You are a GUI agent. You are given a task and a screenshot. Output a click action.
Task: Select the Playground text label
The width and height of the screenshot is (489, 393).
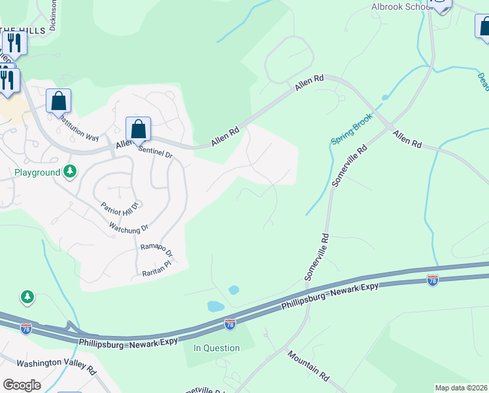pos(37,172)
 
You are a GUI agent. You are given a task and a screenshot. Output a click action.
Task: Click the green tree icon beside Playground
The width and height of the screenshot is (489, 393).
pos(71,172)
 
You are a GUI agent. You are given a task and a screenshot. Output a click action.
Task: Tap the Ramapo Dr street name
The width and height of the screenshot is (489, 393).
pos(156,250)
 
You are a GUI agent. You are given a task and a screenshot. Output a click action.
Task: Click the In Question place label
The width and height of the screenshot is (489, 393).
pos(217,348)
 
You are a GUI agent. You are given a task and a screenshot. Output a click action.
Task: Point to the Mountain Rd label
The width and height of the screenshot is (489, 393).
pos(308,365)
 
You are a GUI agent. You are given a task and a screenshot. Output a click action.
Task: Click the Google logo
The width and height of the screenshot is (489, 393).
pos(22,384)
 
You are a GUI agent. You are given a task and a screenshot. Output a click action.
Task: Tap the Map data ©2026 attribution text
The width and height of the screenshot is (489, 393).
pos(462,388)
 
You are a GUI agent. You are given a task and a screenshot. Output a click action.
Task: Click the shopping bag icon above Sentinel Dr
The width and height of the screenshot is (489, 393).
pos(139,129)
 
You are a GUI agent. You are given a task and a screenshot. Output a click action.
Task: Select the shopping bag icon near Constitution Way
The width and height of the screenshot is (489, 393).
pos(59,102)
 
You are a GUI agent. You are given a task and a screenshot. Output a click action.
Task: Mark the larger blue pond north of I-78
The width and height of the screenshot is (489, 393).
pos(216,306)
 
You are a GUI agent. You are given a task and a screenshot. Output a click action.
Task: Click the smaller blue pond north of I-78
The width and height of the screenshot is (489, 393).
pos(233,290)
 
